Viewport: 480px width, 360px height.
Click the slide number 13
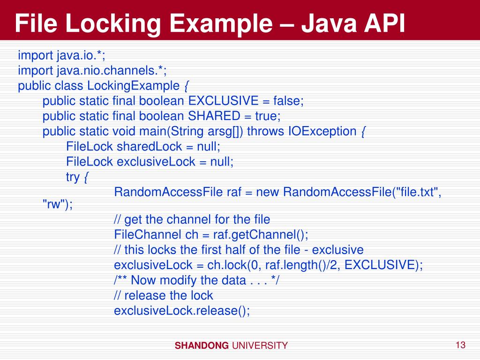(x=460, y=345)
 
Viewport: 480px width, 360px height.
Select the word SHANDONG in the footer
(x=202, y=346)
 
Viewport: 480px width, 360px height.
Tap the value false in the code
(x=288, y=101)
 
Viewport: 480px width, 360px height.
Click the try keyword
(x=73, y=177)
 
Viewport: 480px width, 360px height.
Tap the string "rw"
(x=57, y=204)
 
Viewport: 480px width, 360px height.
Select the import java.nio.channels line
(x=92, y=71)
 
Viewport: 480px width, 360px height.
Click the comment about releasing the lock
(x=164, y=296)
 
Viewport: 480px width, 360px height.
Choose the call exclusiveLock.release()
(x=182, y=311)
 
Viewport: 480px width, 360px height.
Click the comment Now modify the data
(x=197, y=280)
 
